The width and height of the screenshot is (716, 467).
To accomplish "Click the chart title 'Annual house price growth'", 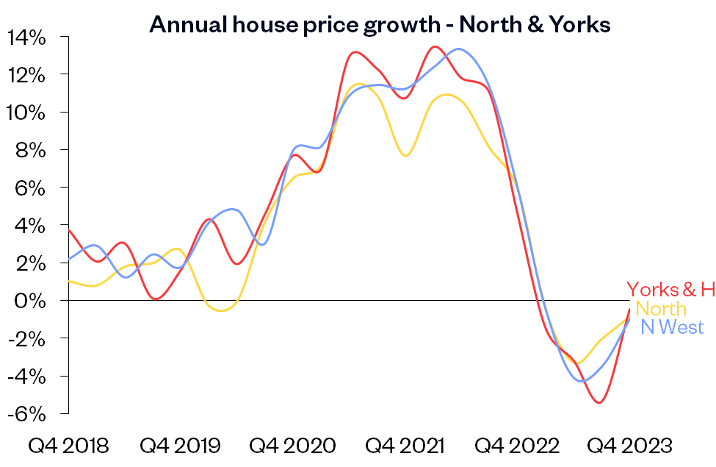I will click(380, 25).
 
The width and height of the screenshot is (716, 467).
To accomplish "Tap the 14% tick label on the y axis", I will click(27, 37).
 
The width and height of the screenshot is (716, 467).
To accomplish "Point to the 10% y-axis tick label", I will click(27, 113).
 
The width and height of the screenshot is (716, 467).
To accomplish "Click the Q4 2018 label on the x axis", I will click(68, 446).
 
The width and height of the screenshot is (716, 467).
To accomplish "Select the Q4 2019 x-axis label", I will click(181, 446).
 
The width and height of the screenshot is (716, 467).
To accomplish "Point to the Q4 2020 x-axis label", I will click(292, 446).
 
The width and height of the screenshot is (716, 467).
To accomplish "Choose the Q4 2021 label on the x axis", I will click(406, 446).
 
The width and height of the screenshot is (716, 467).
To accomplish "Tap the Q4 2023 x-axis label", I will click(632, 446).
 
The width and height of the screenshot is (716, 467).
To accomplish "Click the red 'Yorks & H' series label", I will click(670, 290).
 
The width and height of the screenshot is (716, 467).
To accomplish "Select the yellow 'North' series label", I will click(661, 309).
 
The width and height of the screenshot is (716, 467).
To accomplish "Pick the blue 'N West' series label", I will click(672, 327).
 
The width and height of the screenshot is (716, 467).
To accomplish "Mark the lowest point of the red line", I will click(599, 402).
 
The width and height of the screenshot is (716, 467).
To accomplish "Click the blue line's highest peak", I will click(459, 49).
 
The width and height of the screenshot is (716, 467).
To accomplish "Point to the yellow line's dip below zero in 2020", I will click(223, 310).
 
